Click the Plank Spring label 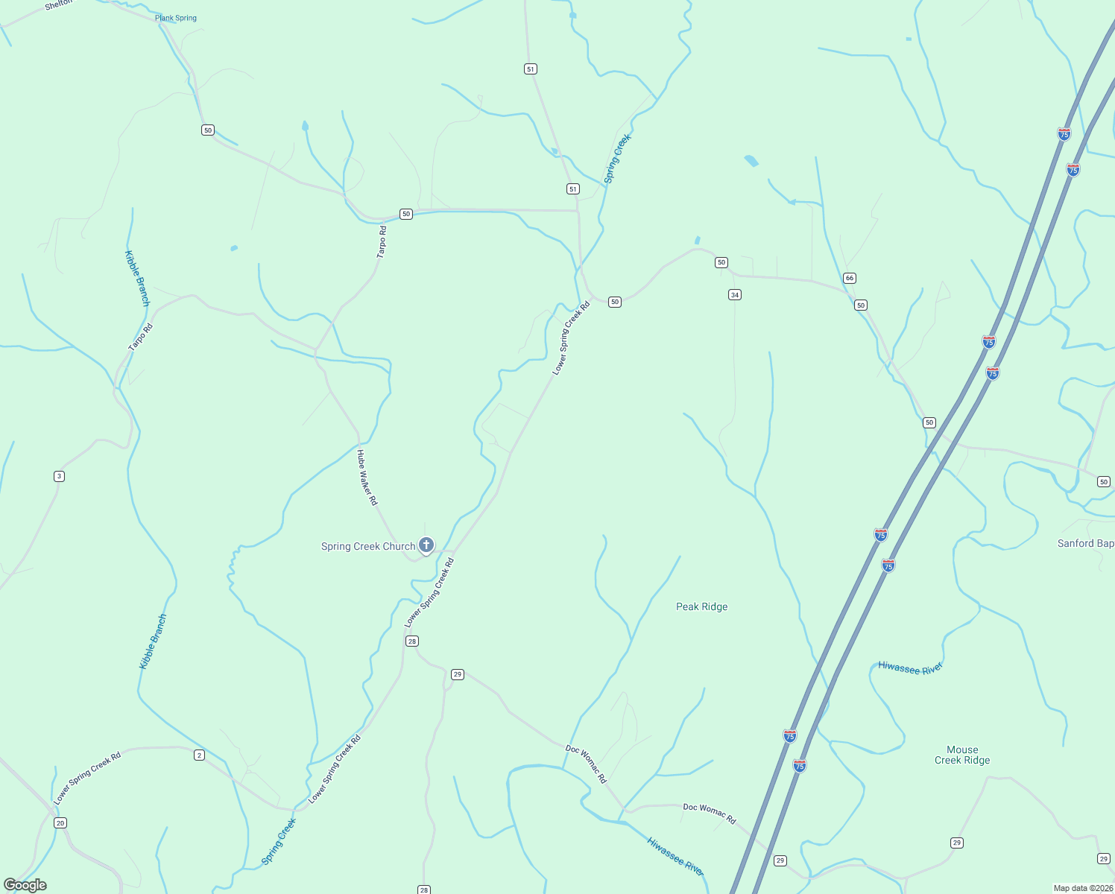point(176,18)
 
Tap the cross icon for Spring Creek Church point(426,545)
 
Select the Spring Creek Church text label point(368,546)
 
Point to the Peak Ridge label point(701,606)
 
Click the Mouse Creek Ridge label point(962,755)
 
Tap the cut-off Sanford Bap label point(1085,543)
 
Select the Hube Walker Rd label point(367,478)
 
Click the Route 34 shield point(735,295)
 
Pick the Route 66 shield point(850,278)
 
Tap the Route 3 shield point(59,476)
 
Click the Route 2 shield point(199,755)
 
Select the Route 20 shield point(60,822)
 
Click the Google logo point(25,885)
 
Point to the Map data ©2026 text point(1082,888)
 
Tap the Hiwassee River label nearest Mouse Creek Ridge point(910,668)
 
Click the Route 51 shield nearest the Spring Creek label point(572,189)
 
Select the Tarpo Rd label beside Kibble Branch point(140,337)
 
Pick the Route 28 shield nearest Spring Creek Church point(412,641)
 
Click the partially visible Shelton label point(60,4)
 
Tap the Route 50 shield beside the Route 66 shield point(861,305)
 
